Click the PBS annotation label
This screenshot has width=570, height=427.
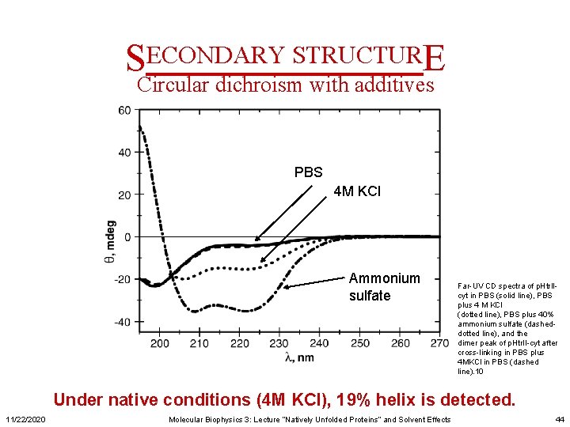pyautogui.click(x=309, y=172)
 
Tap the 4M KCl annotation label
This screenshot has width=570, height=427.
pyautogui.click(x=357, y=191)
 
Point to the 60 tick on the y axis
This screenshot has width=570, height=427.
pyautogui.click(x=124, y=111)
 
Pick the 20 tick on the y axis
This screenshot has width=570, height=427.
pyautogui.click(x=124, y=195)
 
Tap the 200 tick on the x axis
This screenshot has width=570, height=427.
pyautogui.click(x=159, y=343)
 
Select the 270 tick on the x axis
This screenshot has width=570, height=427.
pyautogui.click(x=440, y=343)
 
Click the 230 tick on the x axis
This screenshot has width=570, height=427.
pyautogui.click(x=279, y=343)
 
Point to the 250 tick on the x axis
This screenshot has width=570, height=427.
pyautogui.click(x=360, y=343)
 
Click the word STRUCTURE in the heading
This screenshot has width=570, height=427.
pyautogui.click(x=367, y=56)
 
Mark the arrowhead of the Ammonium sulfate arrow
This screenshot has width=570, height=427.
pyautogui.click(x=287, y=286)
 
